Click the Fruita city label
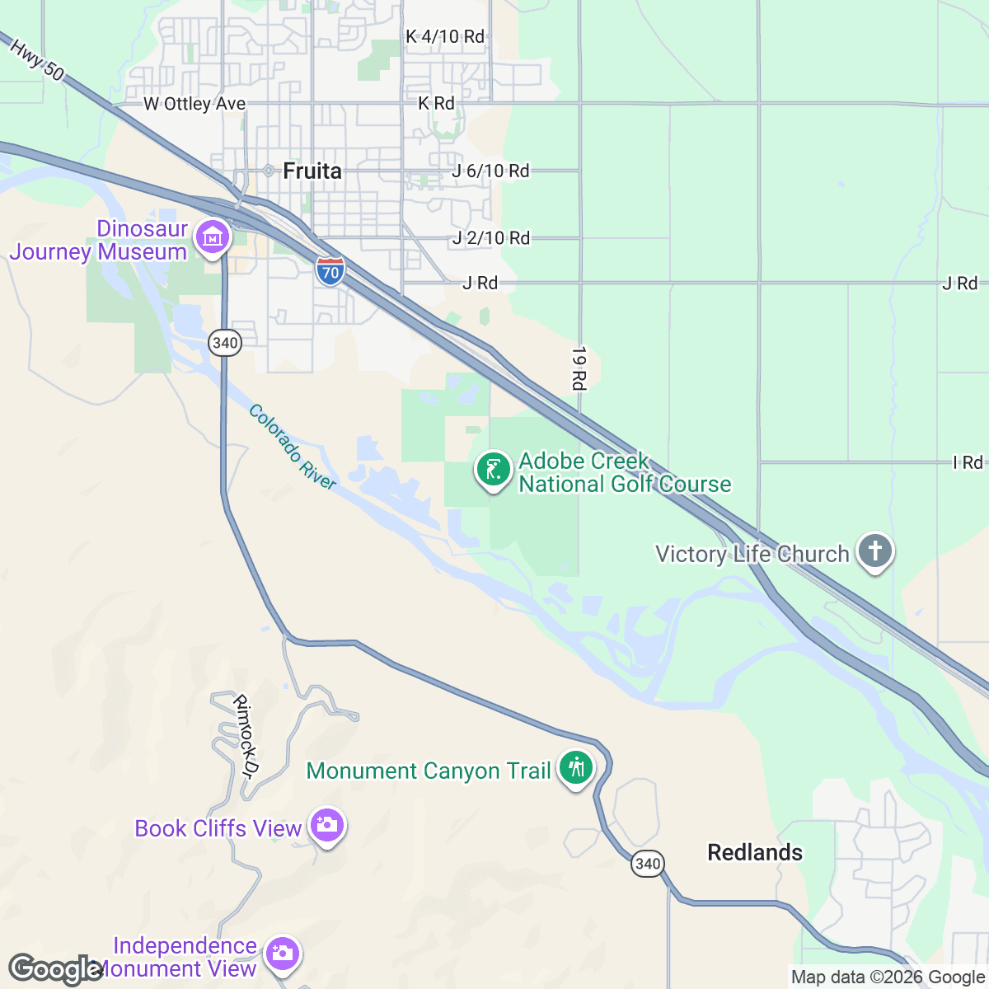point(312,171)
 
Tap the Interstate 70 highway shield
point(330,271)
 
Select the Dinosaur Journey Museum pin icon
point(213,238)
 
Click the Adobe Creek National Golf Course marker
point(493,471)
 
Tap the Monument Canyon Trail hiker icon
point(576,768)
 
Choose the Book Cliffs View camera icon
point(327,826)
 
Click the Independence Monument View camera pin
point(282,954)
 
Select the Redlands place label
point(755,852)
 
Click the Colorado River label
point(293,448)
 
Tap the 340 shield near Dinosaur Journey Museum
point(225,343)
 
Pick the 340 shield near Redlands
point(648,863)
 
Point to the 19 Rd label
point(579,368)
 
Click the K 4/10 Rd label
point(445,36)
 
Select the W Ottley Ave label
point(195,104)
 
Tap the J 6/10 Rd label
point(490,171)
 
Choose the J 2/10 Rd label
point(490,238)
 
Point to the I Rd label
point(968,462)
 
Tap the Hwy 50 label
point(37,59)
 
